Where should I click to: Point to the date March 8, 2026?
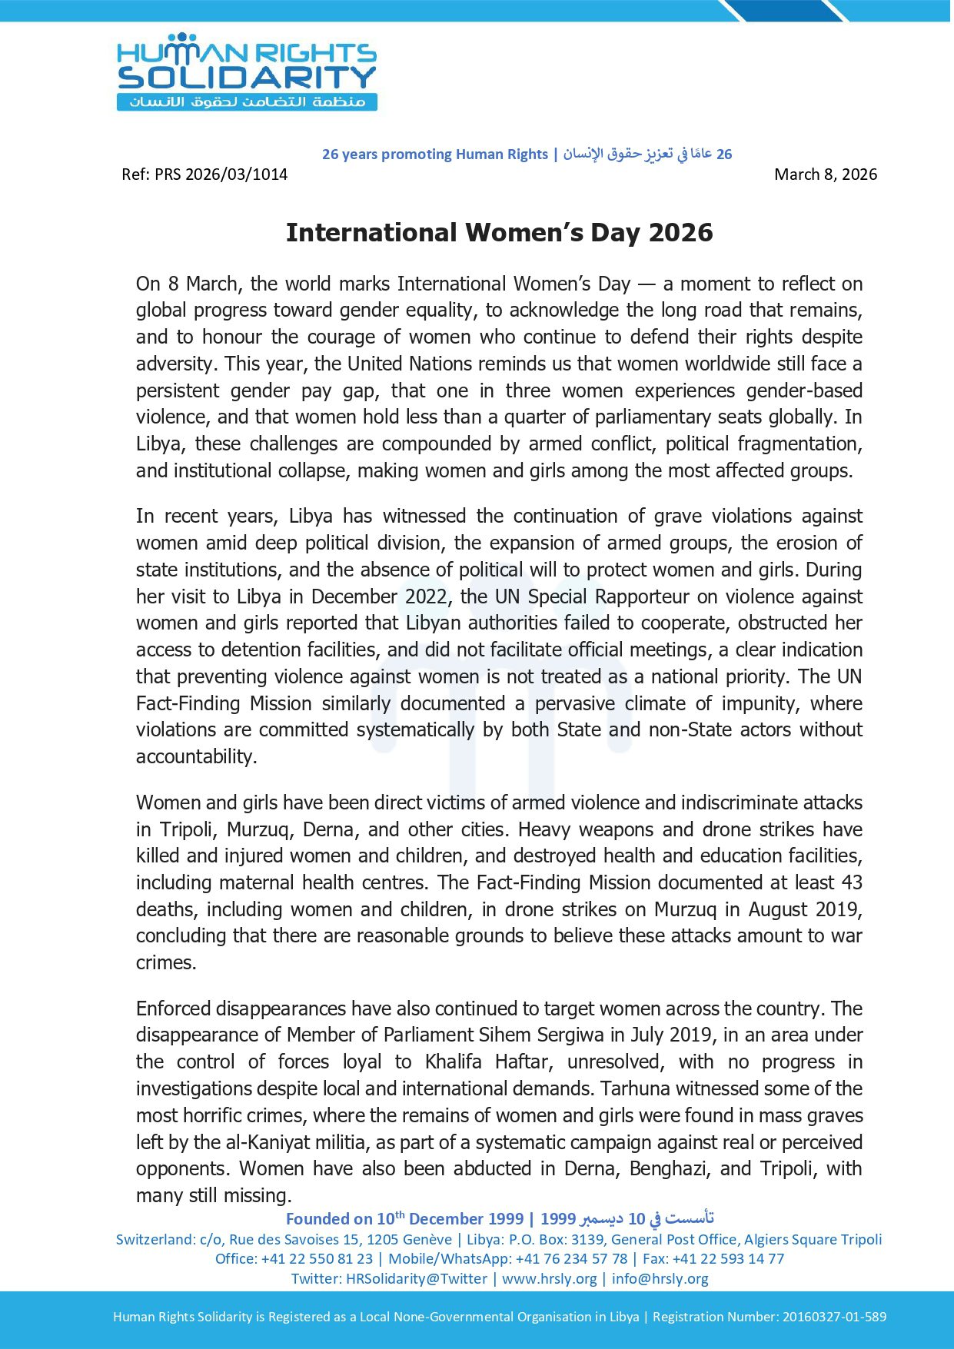click(x=825, y=174)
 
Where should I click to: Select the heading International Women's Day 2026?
click(x=499, y=233)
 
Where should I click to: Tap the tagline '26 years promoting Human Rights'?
click(x=434, y=155)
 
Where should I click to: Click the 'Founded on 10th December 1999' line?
click(x=404, y=1218)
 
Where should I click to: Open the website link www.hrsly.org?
click(x=549, y=1278)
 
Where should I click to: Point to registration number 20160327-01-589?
click(x=834, y=1317)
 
